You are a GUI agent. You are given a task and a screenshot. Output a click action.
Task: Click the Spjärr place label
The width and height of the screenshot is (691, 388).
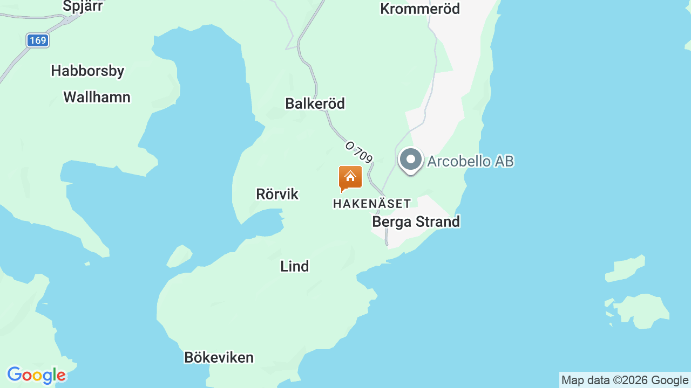pyautogui.click(x=83, y=6)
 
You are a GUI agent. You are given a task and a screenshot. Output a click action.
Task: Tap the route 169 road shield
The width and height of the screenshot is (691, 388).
pyautogui.click(x=38, y=40)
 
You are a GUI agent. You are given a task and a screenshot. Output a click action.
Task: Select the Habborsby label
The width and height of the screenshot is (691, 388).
pyautogui.click(x=87, y=71)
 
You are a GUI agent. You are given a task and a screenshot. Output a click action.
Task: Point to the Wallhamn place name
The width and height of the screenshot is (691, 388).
pyautogui.click(x=97, y=97)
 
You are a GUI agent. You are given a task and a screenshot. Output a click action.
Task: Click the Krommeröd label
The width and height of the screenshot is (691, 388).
pyautogui.click(x=420, y=9)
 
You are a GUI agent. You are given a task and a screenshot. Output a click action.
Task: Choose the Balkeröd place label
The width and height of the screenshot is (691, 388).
pyautogui.click(x=315, y=103)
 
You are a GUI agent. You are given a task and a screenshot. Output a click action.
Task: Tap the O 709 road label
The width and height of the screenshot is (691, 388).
pyautogui.click(x=359, y=153)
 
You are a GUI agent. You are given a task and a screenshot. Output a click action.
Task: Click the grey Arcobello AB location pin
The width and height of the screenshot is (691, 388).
pyautogui.click(x=411, y=160)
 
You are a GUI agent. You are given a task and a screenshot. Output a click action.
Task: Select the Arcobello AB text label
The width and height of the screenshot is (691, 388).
pyautogui.click(x=470, y=161)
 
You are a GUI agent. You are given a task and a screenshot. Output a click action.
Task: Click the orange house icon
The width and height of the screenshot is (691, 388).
pyautogui.click(x=350, y=178)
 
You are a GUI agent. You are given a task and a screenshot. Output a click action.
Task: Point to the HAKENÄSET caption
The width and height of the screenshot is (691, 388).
pyautogui.click(x=372, y=204)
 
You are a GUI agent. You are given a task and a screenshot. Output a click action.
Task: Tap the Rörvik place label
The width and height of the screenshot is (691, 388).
pyautogui.click(x=277, y=194)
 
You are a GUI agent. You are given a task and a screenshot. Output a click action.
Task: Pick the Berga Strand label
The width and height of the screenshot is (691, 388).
pyautogui.click(x=416, y=221)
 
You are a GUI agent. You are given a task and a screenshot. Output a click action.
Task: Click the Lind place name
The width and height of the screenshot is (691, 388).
pyautogui.click(x=295, y=266)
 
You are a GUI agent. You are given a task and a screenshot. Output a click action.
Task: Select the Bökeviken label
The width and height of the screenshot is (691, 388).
pyautogui.click(x=219, y=357)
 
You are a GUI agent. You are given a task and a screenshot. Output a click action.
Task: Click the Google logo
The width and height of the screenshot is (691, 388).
pyautogui.click(x=36, y=376)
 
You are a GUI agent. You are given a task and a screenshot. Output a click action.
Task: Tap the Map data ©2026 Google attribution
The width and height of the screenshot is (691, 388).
pyautogui.click(x=625, y=380)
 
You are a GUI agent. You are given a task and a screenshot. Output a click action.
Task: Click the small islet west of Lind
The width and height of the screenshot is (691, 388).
pyautogui.click(x=179, y=256)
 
